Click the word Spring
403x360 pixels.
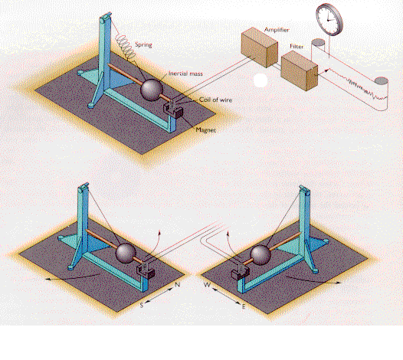coord(143,44)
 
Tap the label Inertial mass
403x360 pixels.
coord(185,74)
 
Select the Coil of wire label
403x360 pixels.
coord(215,100)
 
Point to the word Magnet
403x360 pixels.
coord(205,130)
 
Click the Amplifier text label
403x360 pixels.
coord(277,30)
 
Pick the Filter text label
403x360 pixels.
coord(297,47)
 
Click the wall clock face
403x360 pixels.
coord(328,19)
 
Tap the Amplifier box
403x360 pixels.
coord(259,47)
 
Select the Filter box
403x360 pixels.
coord(299,70)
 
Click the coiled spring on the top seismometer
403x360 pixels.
coord(126,47)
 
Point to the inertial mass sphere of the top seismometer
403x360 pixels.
coord(152,90)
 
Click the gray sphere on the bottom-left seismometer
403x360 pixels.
coord(126,253)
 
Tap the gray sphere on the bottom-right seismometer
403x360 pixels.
coord(260,254)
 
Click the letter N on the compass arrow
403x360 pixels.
coord(177,285)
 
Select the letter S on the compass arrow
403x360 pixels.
coord(142,306)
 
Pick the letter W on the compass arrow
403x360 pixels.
coord(207,285)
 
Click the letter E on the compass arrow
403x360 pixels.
coord(244,306)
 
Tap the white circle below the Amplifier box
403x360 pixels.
coord(260,80)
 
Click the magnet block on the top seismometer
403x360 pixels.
coord(174,111)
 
